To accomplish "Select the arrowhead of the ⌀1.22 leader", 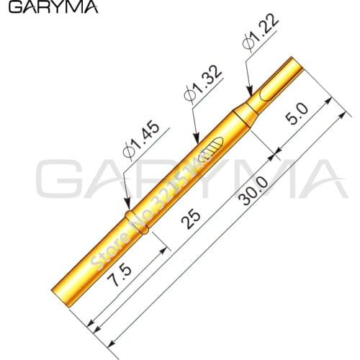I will pyautogui.click(x=252, y=95).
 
